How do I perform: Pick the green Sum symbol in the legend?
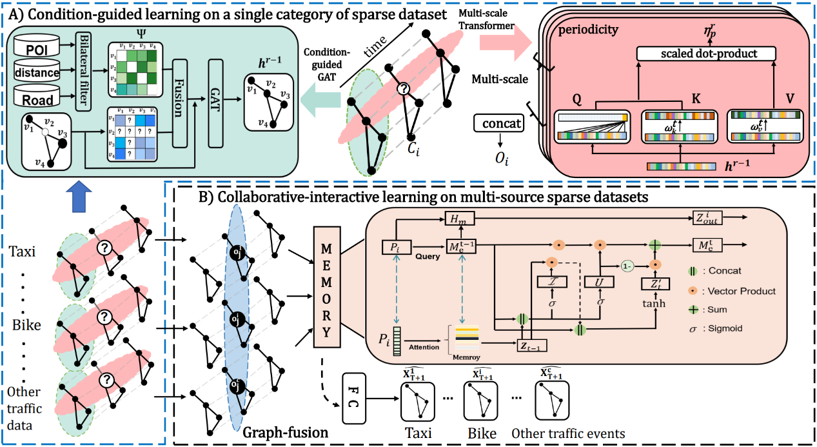tap(692, 309)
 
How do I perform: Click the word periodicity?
tap(597, 30)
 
